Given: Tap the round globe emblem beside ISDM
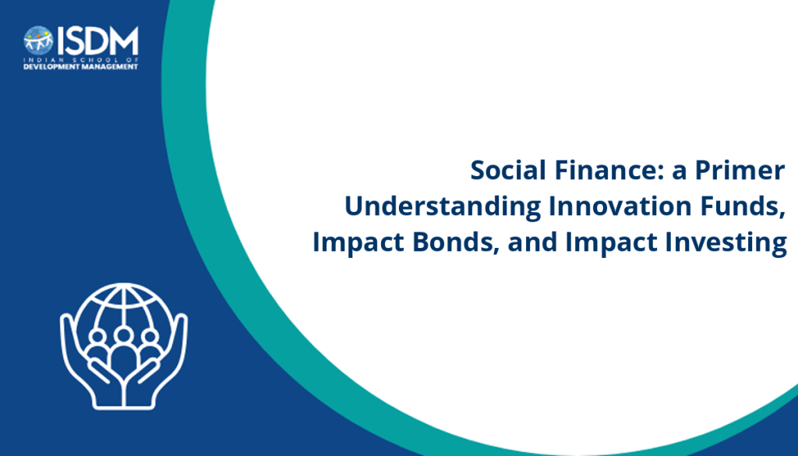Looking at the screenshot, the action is click(38, 41).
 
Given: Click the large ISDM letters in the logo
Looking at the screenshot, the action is click(97, 41).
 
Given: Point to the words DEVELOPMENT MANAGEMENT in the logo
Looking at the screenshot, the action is click(81, 67).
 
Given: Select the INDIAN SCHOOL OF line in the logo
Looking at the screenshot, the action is click(81, 59).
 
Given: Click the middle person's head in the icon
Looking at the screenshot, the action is click(123, 335).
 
